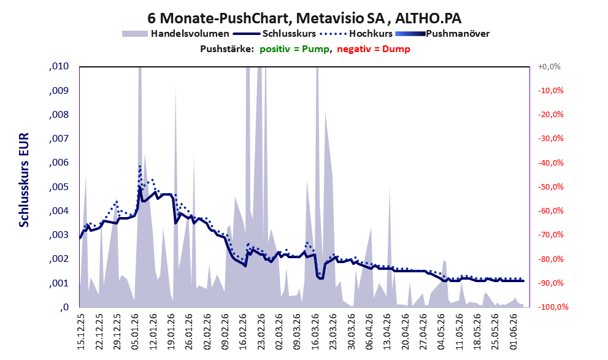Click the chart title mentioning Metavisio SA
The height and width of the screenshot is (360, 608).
pyautogui.click(x=304, y=18)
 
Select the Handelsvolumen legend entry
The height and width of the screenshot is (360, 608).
pyautogui.click(x=175, y=34)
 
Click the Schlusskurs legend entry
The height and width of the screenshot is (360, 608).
pyautogui.click(x=274, y=34)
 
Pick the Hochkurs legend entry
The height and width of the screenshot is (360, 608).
pyautogui.click(x=356, y=34)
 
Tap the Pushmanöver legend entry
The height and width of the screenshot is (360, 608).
pyautogui.click(x=442, y=34)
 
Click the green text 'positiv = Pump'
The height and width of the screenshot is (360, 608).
pyautogui.click(x=295, y=49)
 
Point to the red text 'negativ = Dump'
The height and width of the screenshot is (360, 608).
pyautogui.click(x=374, y=49)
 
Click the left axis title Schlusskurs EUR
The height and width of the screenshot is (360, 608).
pyautogui.click(x=24, y=180)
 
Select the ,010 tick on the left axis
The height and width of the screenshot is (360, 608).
pyautogui.click(x=59, y=66)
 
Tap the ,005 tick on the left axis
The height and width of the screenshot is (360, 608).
pyautogui.click(x=59, y=187)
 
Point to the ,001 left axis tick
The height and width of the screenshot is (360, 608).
pyautogui.click(x=59, y=283)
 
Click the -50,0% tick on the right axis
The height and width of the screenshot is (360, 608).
pyautogui.click(x=550, y=187)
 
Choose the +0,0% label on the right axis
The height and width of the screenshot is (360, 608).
pyautogui.click(x=549, y=67)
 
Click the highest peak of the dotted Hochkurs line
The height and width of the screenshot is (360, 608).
pyautogui.click(x=140, y=166)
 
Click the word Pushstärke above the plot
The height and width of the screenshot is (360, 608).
pyautogui.click(x=227, y=49)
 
